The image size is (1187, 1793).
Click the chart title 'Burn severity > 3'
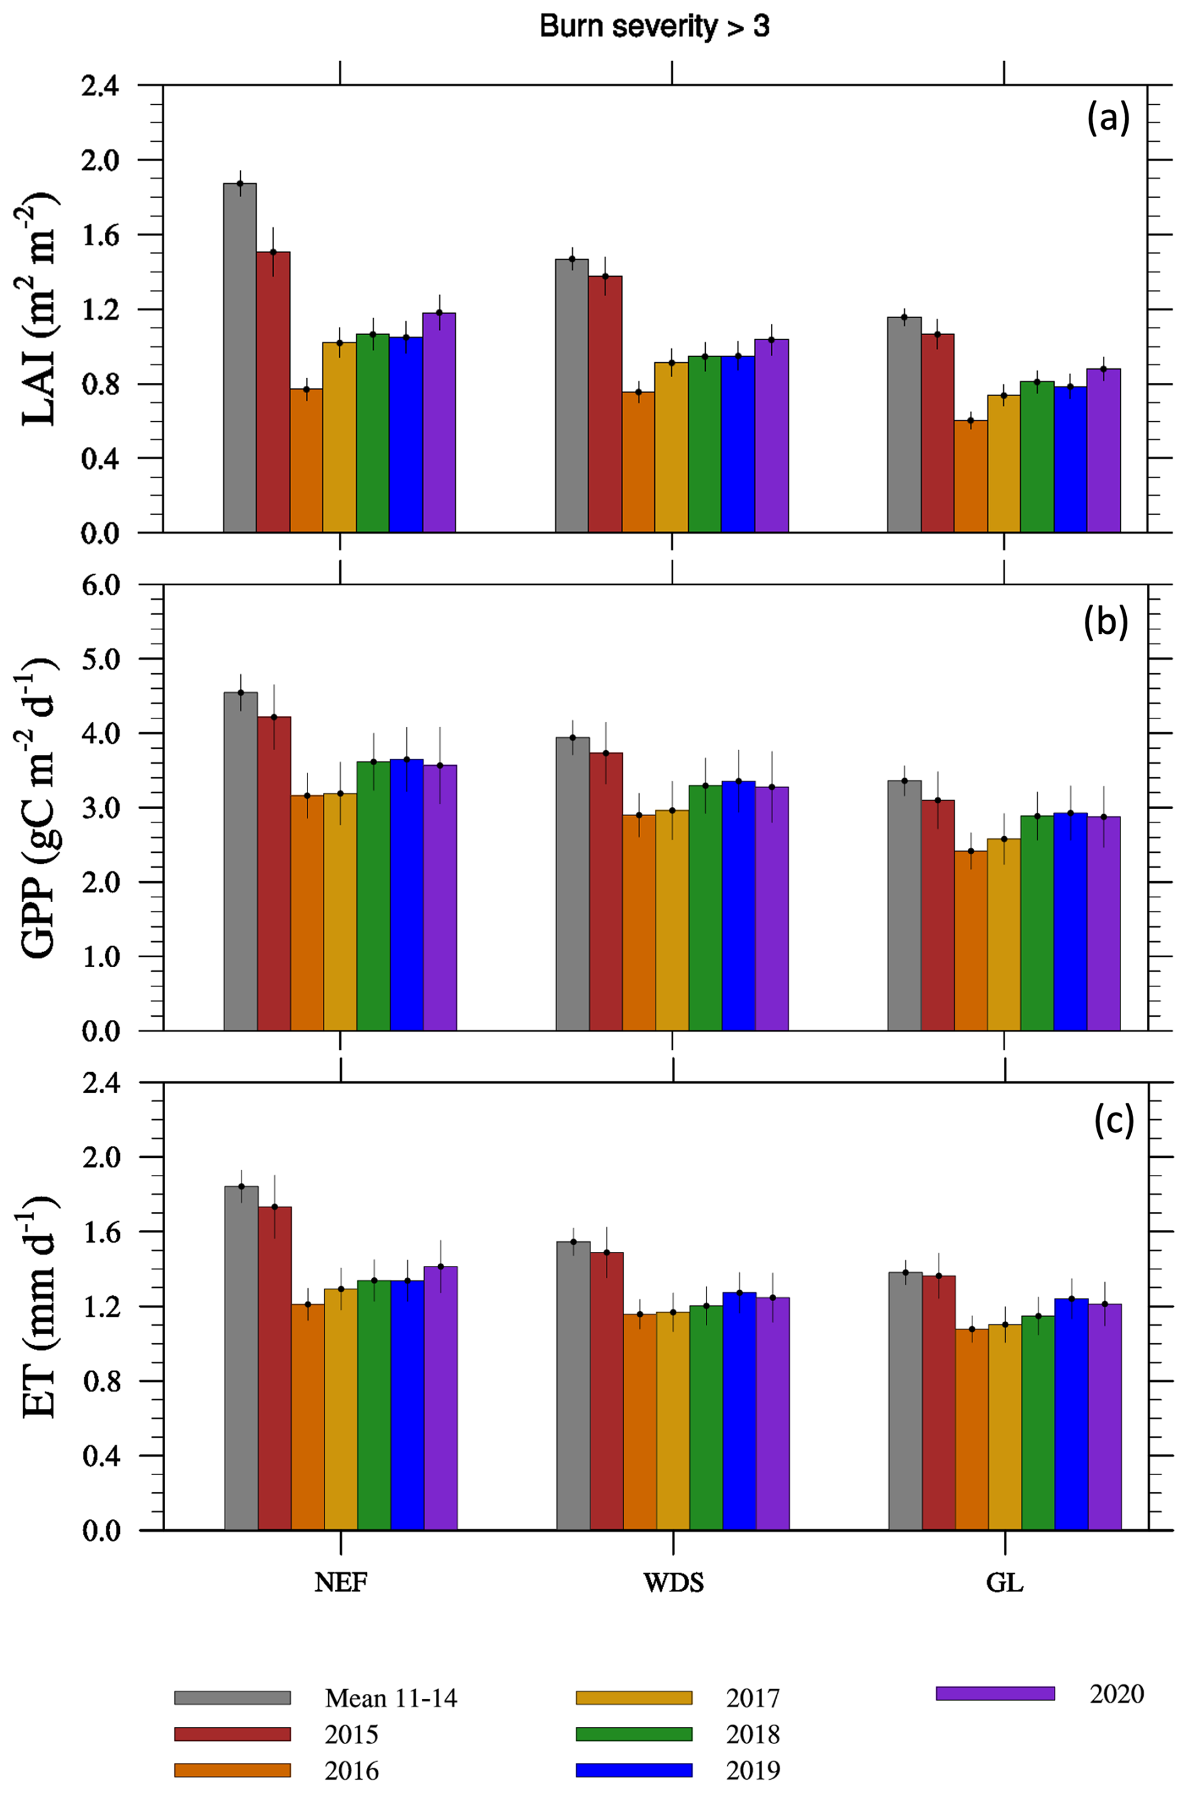pos(654,27)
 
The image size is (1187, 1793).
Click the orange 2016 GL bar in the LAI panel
pos(971,476)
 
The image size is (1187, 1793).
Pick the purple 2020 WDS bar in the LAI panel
pos(772,436)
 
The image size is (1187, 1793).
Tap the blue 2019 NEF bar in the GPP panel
pos(407,894)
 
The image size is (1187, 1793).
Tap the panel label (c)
pos(1114,1121)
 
